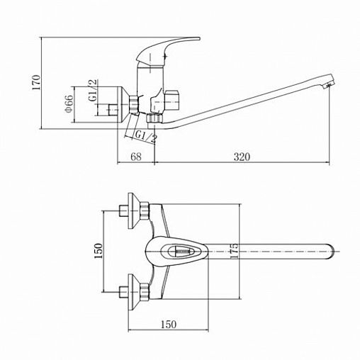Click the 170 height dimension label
pos(37,82)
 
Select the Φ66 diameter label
pos(69,104)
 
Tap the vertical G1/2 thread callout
pos(93,91)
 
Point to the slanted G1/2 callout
pos(146,137)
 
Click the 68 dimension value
pos(136,157)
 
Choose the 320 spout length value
pos(242,157)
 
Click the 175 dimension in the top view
pos(234,251)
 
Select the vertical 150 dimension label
pos(99,251)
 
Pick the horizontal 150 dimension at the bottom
pos(169,325)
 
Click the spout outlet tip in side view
pos(329,82)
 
